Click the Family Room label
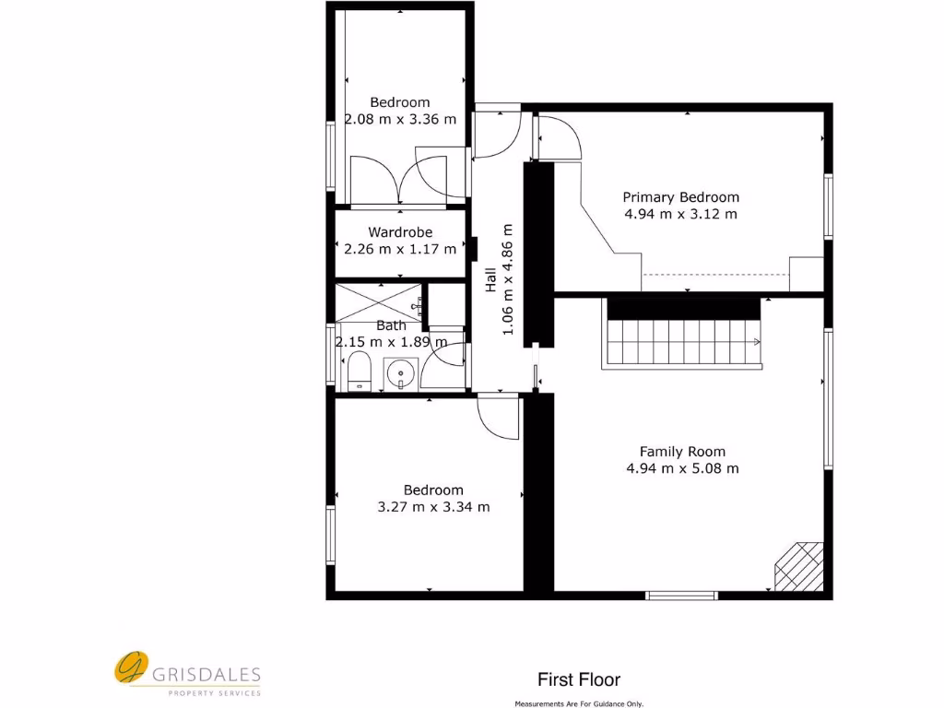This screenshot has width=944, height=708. (682, 452)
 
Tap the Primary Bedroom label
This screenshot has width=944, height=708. (680, 197)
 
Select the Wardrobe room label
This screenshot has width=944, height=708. (400, 232)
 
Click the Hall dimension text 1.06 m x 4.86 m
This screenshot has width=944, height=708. (507, 279)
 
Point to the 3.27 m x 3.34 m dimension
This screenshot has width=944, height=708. (433, 507)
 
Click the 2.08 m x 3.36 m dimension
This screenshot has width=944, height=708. (400, 119)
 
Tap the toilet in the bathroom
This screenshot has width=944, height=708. (359, 373)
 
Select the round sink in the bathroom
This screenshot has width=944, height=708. (399, 374)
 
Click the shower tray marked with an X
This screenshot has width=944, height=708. (378, 301)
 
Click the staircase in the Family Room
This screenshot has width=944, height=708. (683, 341)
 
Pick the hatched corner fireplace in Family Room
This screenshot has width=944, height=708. (798, 565)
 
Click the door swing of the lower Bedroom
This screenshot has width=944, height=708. (498, 417)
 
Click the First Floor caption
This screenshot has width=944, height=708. (579, 680)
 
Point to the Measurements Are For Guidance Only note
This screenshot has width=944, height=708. (579, 703)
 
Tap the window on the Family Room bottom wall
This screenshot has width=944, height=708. (682, 596)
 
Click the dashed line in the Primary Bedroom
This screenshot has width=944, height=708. (715, 275)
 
